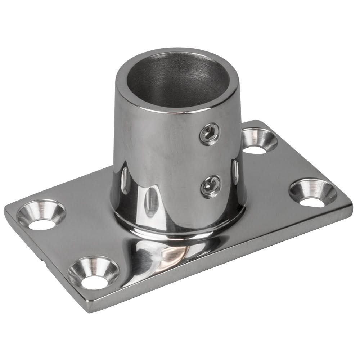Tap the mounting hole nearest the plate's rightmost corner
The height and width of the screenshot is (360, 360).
click(x=312, y=193)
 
